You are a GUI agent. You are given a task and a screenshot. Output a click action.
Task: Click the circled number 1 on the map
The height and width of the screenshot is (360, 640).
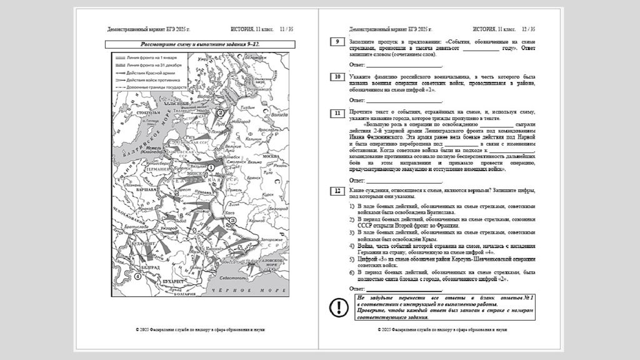[x=211, y=167]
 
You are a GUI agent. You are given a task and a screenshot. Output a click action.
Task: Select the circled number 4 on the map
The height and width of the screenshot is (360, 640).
[x=137, y=275]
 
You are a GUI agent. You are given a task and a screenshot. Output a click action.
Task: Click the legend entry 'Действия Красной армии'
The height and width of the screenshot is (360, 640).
[x=148, y=72]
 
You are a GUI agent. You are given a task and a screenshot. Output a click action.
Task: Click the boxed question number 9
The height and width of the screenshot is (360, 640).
[x=337, y=42]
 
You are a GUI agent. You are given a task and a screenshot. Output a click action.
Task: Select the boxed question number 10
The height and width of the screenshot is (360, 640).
[x=337, y=77]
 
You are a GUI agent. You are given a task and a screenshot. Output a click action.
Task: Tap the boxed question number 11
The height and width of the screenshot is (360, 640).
[x=337, y=112]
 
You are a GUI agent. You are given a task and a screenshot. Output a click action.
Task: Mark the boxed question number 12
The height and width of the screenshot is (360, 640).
[x=337, y=190]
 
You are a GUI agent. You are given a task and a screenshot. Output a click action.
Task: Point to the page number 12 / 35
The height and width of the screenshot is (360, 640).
[x=529, y=29]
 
